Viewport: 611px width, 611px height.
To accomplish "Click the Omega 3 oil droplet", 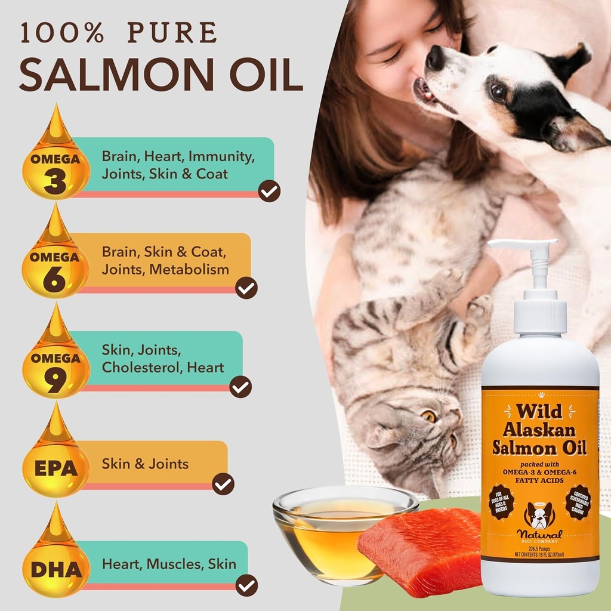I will pos(55,167).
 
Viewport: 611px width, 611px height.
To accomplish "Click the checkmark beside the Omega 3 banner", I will pos(269,192).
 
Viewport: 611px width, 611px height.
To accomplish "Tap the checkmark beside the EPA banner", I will pos(223,483).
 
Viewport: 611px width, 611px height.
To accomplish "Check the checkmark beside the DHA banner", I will pos(246,584).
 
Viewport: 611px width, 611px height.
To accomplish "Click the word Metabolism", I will pos(189,269).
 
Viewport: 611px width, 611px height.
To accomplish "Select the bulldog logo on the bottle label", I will pos(539,514).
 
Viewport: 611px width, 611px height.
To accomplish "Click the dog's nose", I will pos(434,57).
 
